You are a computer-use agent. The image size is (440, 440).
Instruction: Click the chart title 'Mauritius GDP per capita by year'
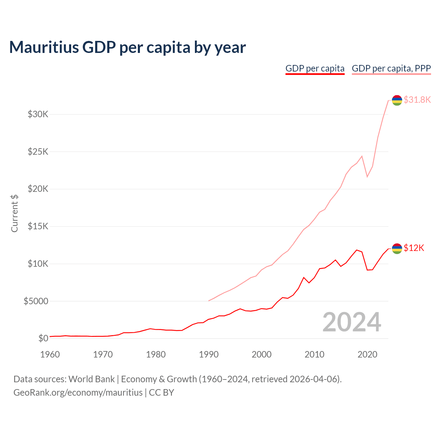click(x=127, y=47)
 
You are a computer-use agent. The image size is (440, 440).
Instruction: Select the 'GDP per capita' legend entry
click(x=315, y=68)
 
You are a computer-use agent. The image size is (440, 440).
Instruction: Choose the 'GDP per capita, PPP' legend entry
click(x=391, y=68)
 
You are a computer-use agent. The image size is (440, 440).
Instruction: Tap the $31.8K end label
click(x=417, y=100)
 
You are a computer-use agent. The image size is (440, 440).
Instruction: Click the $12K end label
click(x=414, y=248)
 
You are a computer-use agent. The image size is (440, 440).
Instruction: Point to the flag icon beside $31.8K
click(x=397, y=100)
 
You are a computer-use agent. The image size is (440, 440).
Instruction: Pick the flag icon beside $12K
click(x=397, y=248)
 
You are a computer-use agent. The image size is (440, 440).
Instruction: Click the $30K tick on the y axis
click(x=38, y=114)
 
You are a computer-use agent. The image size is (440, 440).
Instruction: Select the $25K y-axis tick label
click(x=38, y=152)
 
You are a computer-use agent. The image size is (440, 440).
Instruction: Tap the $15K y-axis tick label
click(x=38, y=226)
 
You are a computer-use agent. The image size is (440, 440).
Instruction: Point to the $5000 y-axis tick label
click(x=36, y=301)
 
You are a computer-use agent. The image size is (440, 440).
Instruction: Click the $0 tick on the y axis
click(x=43, y=338)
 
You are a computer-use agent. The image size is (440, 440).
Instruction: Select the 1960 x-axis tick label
click(x=50, y=354)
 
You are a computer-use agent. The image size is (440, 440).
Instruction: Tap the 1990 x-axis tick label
click(x=209, y=354)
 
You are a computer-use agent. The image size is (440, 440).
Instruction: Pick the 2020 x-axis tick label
click(x=367, y=354)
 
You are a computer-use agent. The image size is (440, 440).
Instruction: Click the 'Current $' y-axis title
click(x=14, y=213)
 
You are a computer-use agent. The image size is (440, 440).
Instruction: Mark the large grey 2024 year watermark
click(x=352, y=322)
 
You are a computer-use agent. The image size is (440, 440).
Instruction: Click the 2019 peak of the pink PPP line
click(x=362, y=156)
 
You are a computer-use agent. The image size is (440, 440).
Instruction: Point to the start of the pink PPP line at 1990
click(x=209, y=301)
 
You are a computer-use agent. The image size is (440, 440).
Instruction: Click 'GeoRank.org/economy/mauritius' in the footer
click(x=78, y=392)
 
